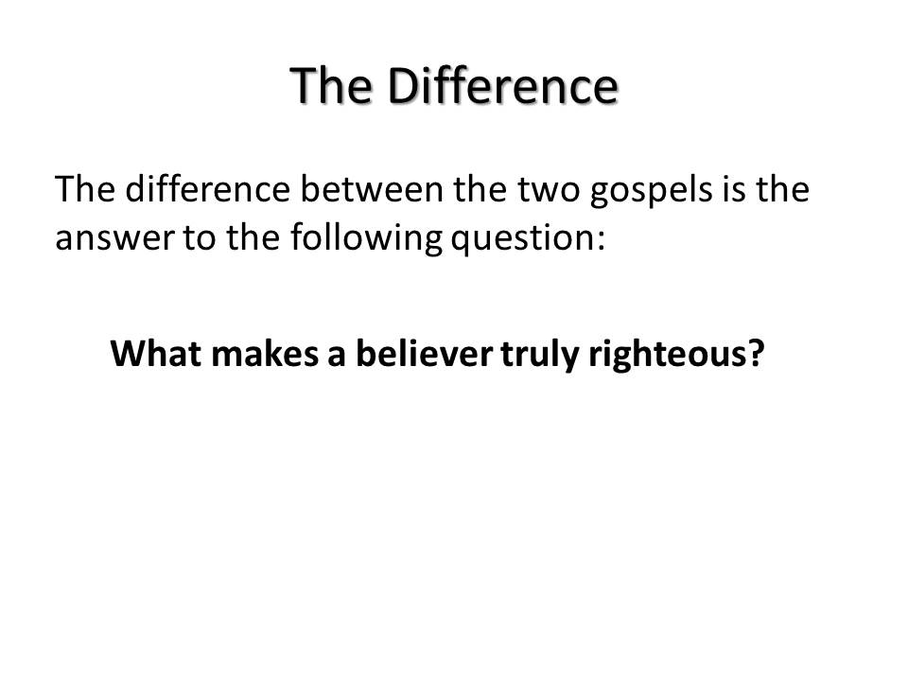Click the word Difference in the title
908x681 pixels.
pyautogui.click(x=502, y=86)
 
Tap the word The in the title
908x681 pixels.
pyautogui.click(x=331, y=86)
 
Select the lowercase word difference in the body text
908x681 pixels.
pyautogui.click(x=208, y=189)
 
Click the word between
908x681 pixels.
pyautogui.click(x=372, y=189)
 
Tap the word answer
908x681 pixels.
pyautogui.click(x=114, y=238)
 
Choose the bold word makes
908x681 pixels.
pyautogui.click(x=265, y=353)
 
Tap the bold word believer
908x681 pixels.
pyautogui.click(x=424, y=353)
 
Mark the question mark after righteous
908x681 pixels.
pyautogui.click(x=756, y=353)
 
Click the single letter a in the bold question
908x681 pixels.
pyautogui.click(x=337, y=358)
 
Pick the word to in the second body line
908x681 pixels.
pyautogui.click(x=200, y=239)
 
